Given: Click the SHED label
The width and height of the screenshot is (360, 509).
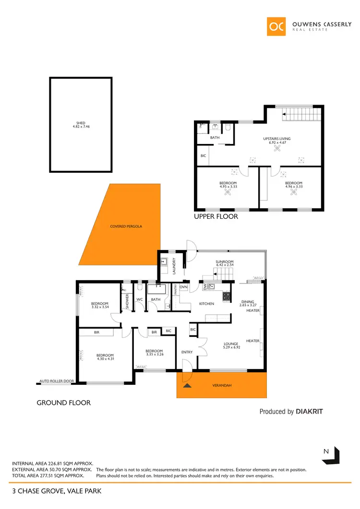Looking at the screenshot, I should tap(81, 123).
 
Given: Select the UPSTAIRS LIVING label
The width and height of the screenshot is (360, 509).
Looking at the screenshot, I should tap(277, 139).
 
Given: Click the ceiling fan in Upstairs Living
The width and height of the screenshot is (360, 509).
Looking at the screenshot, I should tap(277, 149).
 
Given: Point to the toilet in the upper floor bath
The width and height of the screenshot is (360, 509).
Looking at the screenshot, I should tap(228, 128).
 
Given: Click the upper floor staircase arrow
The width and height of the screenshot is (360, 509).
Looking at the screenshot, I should tap(284, 114).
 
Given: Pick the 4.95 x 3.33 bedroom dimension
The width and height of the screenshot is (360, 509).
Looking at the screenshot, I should tap(228, 187).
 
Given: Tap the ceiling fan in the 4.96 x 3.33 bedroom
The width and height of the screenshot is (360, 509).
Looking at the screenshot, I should tap(294, 194).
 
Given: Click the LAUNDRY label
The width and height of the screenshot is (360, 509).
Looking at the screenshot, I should tap(174, 265).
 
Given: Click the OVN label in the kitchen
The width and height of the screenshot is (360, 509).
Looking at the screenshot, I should tap(183, 288).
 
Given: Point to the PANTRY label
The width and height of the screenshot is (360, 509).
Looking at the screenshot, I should tap(176, 289).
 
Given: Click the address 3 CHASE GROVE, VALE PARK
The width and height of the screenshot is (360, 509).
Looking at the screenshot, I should tap(57, 491).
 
